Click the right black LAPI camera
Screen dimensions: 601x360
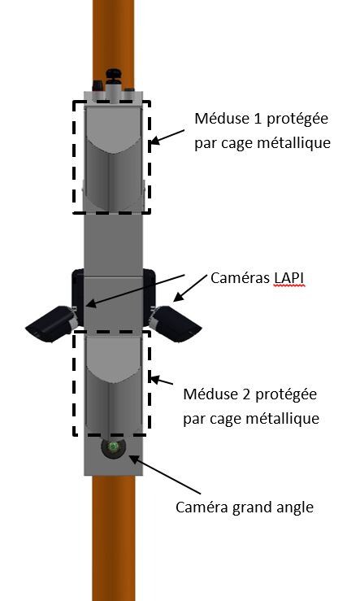[x=176, y=323]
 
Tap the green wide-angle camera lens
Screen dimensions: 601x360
[x=111, y=448]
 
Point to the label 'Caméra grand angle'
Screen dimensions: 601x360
[x=245, y=507]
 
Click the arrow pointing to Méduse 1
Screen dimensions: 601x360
[x=167, y=136]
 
